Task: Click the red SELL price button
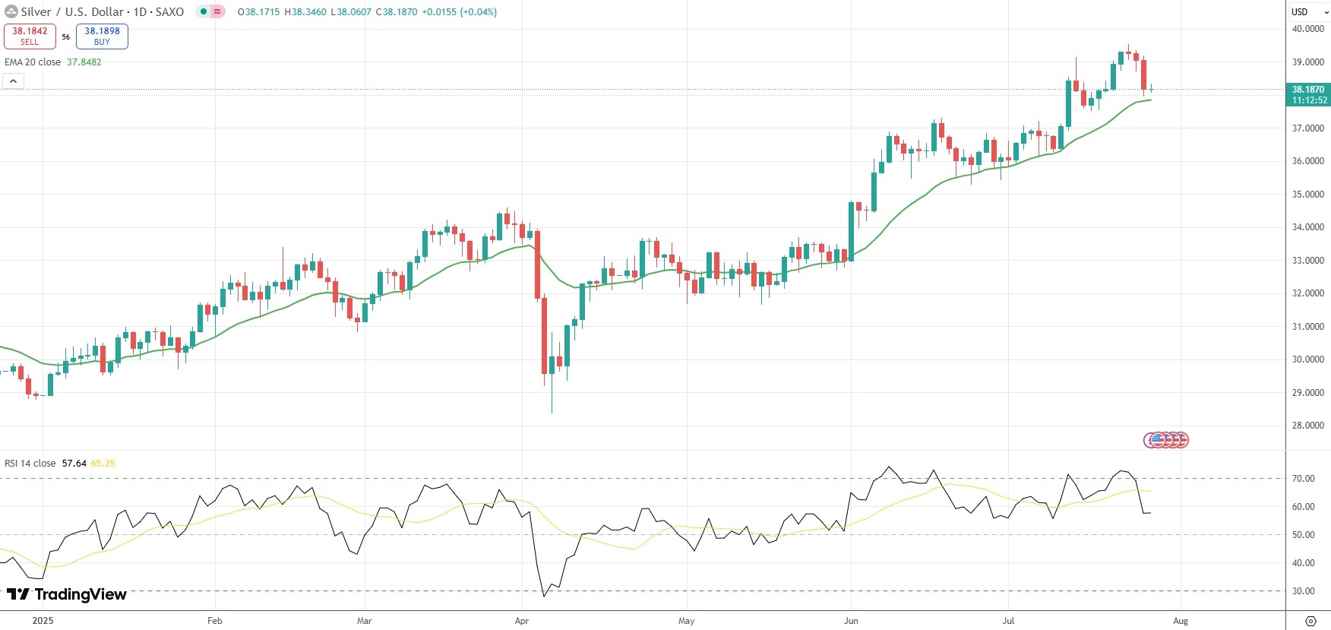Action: point(30,36)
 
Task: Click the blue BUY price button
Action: point(102,36)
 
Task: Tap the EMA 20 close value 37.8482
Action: point(84,62)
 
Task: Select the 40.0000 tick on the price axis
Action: point(1307,29)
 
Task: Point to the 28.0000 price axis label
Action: point(1307,426)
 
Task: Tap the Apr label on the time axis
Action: point(521,621)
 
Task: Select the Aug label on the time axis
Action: point(1180,621)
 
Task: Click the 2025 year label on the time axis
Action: point(43,621)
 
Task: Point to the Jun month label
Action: point(851,621)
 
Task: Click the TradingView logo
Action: point(67,594)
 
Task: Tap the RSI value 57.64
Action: point(74,464)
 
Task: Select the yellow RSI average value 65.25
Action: point(103,464)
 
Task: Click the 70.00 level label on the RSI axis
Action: point(1303,479)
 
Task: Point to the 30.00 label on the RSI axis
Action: point(1303,591)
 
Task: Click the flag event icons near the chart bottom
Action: point(1166,440)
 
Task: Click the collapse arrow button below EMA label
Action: point(13,81)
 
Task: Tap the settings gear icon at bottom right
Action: point(1310,621)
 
